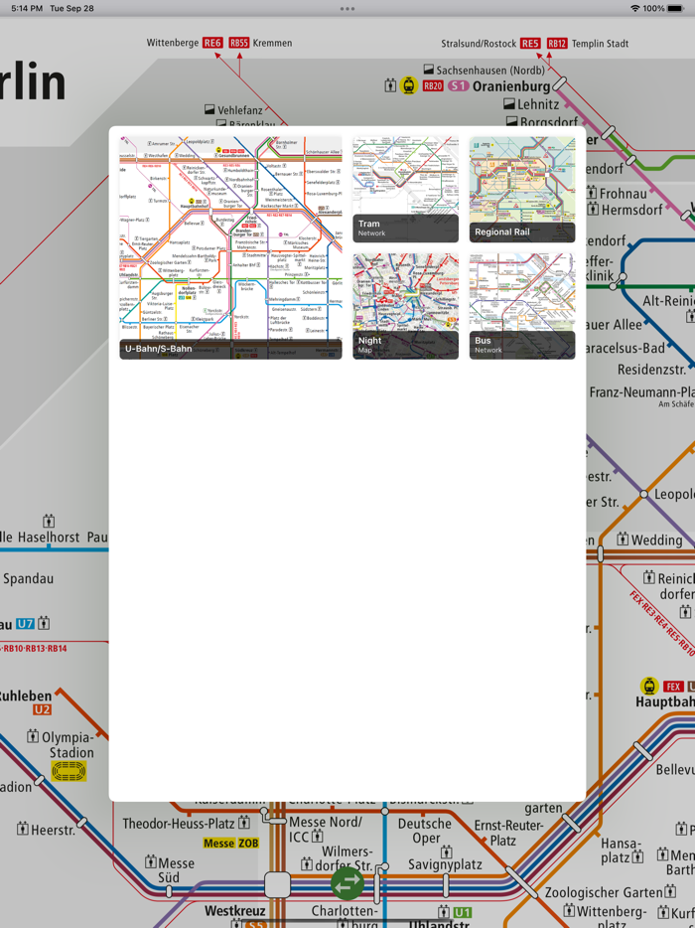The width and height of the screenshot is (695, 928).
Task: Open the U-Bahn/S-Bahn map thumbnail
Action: [x=230, y=247]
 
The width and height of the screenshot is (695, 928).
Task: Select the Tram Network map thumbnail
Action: [x=405, y=190]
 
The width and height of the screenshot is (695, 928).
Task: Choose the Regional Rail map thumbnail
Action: [x=522, y=190]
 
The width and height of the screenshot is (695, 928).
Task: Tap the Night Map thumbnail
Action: [x=405, y=306]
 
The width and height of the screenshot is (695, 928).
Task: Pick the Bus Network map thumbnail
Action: [x=522, y=306]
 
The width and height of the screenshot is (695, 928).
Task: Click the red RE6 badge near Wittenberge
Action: [x=212, y=43]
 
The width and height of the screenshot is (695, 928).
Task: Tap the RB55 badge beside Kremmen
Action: [x=239, y=43]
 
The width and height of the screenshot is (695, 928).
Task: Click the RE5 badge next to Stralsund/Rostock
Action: [x=530, y=43]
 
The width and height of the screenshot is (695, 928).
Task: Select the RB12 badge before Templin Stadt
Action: [x=557, y=43]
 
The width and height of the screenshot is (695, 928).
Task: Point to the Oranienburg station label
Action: [x=511, y=86]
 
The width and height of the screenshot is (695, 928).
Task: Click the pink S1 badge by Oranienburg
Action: [x=458, y=86]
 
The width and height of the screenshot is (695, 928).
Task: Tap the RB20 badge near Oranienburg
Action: [x=433, y=86]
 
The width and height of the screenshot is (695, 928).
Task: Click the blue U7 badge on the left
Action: [x=25, y=624]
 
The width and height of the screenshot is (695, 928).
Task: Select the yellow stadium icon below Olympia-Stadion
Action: [x=69, y=771]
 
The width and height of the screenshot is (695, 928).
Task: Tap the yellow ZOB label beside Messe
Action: [x=247, y=843]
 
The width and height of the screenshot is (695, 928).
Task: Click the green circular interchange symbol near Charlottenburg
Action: [x=347, y=882]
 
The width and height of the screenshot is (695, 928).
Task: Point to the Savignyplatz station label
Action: [x=445, y=864]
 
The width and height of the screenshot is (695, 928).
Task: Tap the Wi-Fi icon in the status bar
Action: [x=634, y=8]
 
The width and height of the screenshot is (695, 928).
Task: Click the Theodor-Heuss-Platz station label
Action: [x=179, y=824]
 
